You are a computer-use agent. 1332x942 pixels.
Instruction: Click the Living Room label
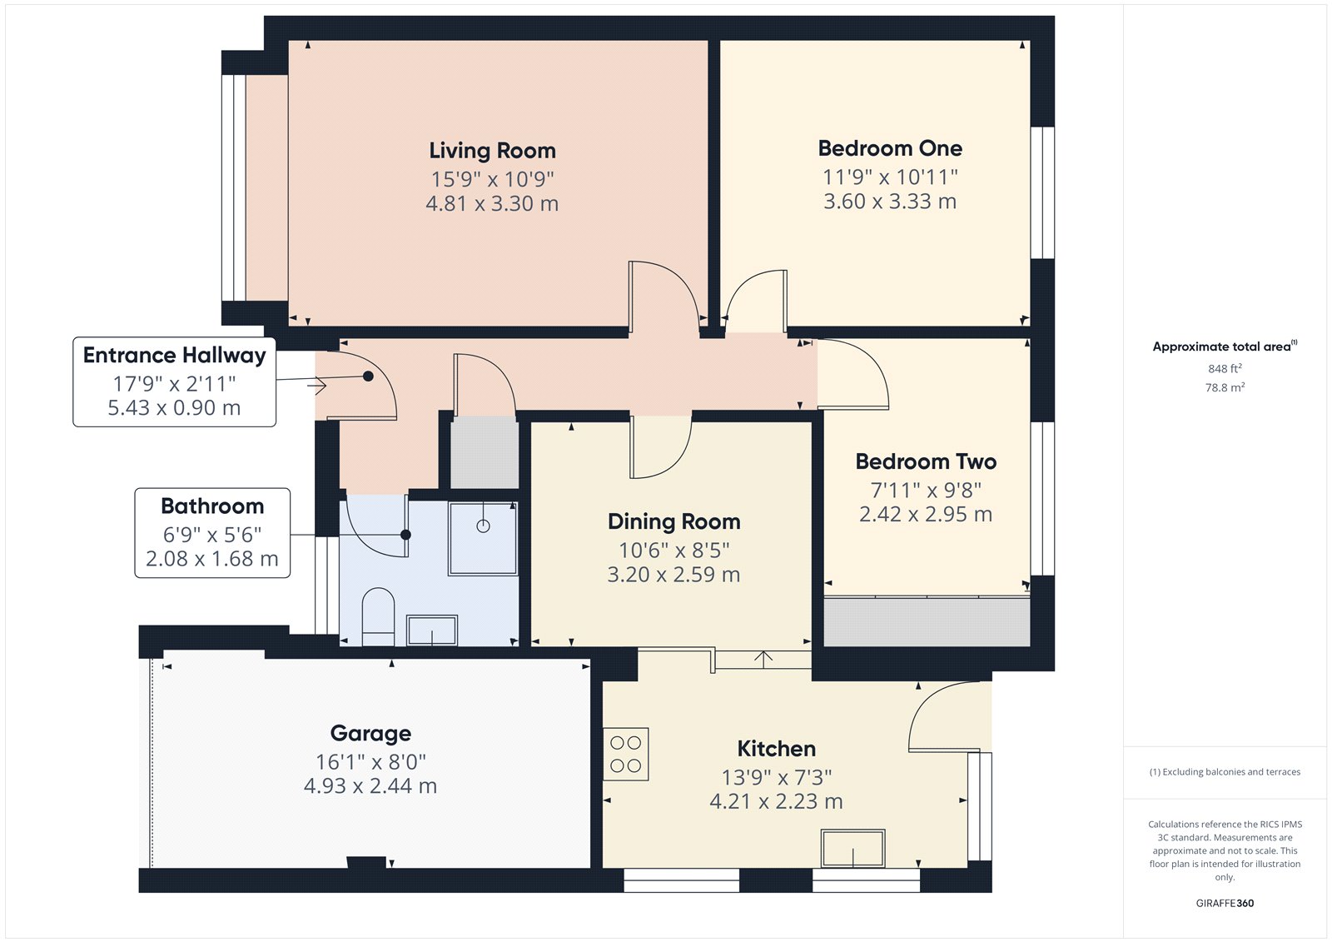click(492, 151)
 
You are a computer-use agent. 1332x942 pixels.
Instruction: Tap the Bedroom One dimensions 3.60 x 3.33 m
click(890, 201)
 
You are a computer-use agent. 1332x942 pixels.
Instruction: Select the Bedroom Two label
click(926, 461)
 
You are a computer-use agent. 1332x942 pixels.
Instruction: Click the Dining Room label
click(673, 521)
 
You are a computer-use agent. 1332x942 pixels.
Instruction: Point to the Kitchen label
click(776, 749)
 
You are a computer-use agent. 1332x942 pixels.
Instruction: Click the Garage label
click(370, 733)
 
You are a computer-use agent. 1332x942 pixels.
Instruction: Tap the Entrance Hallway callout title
click(174, 356)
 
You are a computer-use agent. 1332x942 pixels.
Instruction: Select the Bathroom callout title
click(212, 506)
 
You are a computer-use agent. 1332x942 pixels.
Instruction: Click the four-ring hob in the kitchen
click(625, 754)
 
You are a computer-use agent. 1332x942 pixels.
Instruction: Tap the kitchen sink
click(852, 848)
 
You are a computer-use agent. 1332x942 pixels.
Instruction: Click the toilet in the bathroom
click(378, 617)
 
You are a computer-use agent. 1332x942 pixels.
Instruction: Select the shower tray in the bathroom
click(483, 539)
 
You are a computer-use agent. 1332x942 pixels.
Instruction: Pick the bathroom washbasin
click(432, 630)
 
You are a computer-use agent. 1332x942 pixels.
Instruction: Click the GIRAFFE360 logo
click(1225, 903)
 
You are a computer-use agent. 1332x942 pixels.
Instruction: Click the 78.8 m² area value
click(1225, 387)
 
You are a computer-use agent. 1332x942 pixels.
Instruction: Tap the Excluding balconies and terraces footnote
click(1225, 772)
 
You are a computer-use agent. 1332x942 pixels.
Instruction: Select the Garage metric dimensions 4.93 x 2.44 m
click(370, 786)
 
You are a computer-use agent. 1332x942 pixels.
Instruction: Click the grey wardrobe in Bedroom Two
click(927, 621)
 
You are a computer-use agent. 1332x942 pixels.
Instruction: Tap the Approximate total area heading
click(1225, 346)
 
